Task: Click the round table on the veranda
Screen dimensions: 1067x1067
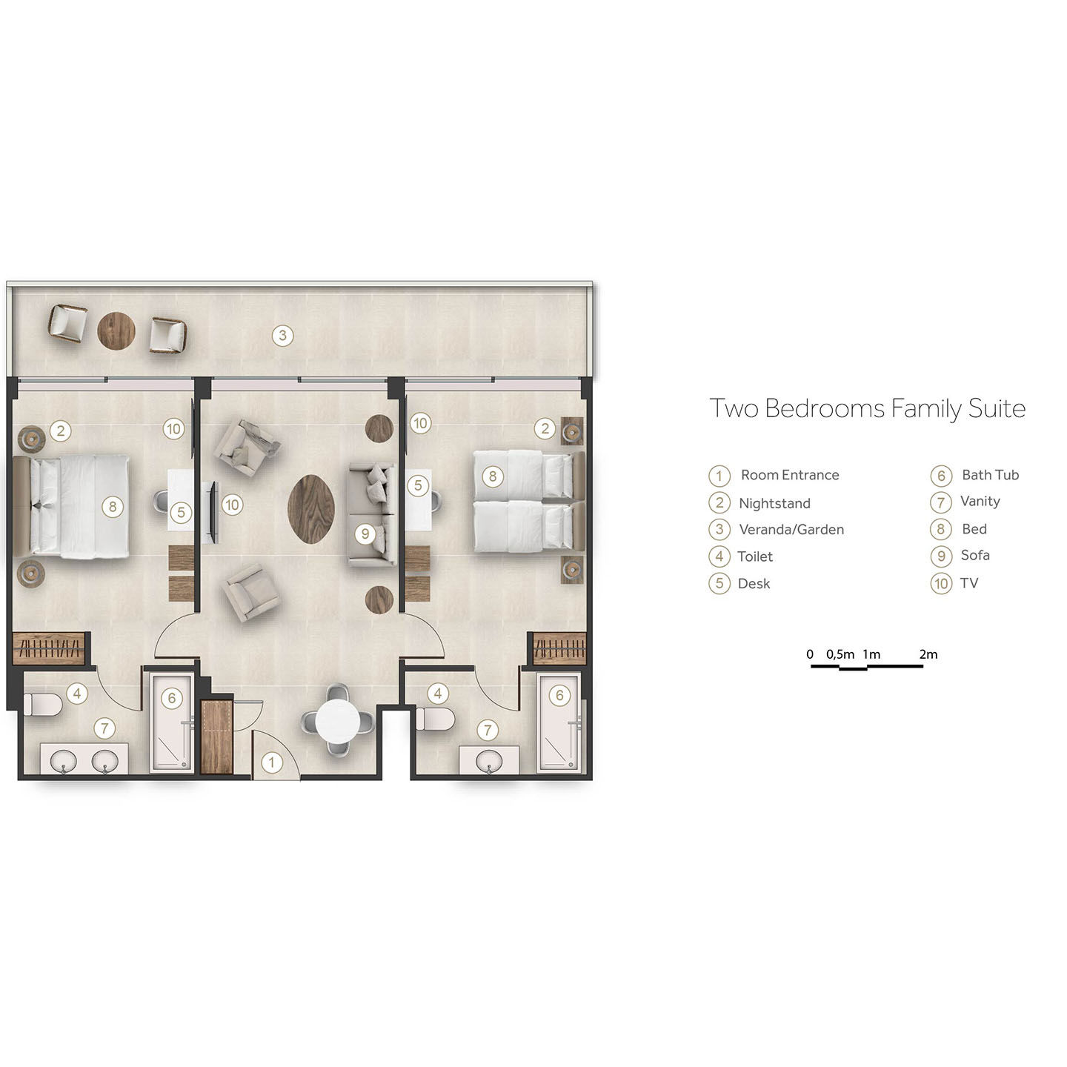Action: [x=116, y=330]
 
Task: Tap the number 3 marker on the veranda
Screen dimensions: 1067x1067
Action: [x=282, y=336]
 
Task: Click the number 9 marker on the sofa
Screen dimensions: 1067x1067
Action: [x=365, y=533]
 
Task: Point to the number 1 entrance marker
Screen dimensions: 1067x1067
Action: [x=272, y=762]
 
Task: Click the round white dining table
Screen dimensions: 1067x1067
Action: [x=336, y=722]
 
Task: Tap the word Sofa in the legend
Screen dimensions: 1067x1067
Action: [x=975, y=555]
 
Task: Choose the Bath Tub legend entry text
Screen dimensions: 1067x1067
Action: [x=990, y=475]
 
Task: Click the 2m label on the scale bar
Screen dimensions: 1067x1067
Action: [x=928, y=654]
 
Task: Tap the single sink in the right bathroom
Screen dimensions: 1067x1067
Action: [x=488, y=761]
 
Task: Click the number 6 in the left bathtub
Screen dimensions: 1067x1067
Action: [x=172, y=698]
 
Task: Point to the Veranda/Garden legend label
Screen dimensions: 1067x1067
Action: [x=791, y=530]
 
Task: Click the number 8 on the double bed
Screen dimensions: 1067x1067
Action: [x=113, y=507]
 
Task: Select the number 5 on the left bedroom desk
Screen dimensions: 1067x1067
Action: [x=181, y=512]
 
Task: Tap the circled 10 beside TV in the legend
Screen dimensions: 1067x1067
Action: [x=941, y=584]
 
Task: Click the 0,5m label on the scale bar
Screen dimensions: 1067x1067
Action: [x=840, y=654]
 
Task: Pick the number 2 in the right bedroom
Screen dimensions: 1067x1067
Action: [x=545, y=428]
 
